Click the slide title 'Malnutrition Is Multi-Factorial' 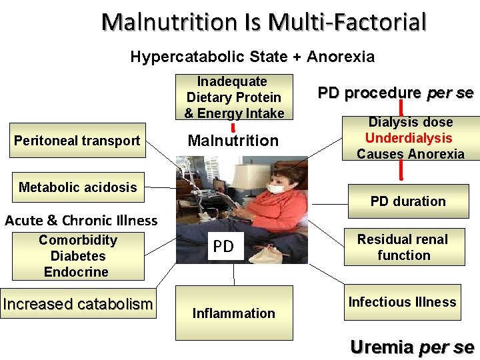263,23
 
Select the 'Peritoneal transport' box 77,141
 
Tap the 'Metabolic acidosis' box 77,187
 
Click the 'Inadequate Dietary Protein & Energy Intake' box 234,97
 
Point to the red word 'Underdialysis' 409,138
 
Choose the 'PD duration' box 408,201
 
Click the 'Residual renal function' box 403,247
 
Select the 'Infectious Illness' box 402,302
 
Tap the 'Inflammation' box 233,313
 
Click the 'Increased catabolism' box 78,304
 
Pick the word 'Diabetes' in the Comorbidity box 78,256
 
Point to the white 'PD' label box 223,247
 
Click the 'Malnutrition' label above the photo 233,141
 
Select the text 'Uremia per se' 412,347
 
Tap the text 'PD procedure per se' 395,93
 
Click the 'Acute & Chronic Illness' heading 81,221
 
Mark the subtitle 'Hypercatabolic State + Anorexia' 252,57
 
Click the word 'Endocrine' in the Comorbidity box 76,272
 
